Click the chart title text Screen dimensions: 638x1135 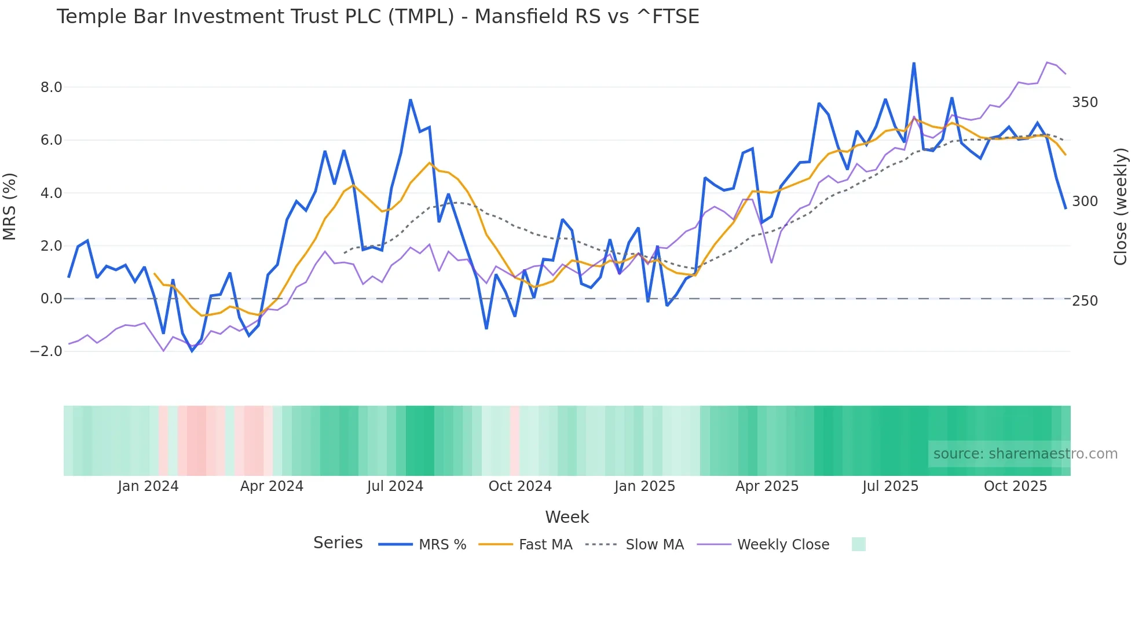tap(378, 17)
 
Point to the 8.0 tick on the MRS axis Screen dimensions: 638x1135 tap(51, 87)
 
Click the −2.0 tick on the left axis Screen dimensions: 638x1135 tap(46, 351)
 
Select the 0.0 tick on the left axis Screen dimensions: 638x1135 tap(51, 299)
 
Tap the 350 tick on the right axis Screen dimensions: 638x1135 tap(1085, 102)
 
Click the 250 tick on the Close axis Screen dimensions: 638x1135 tap(1085, 301)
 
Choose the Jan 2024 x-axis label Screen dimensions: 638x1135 tap(148, 486)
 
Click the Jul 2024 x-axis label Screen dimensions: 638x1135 tap(395, 486)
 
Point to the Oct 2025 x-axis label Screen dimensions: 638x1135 tap(1015, 486)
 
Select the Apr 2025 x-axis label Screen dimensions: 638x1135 tap(767, 486)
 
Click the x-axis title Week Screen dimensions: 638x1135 tap(567, 517)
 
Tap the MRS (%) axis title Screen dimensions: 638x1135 tap(10, 207)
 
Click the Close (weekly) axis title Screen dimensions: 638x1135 tap(1121, 207)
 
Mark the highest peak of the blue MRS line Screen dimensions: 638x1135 tap(914, 63)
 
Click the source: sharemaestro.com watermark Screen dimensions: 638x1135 tap(1025, 454)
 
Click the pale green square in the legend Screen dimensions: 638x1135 tap(859, 544)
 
